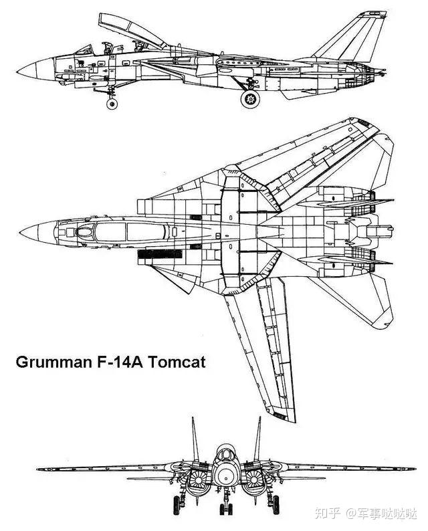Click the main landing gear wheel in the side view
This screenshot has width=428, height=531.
(250, 99)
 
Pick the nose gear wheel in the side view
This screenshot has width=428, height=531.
(112, 103)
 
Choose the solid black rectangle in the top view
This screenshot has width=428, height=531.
(155, 255)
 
